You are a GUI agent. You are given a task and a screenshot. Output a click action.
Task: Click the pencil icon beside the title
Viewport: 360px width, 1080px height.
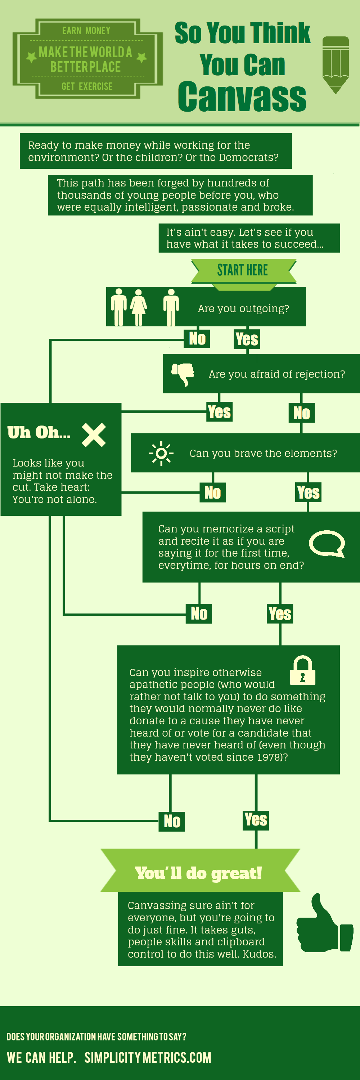coord(335,65)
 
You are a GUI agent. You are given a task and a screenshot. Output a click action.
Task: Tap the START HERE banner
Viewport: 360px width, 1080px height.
coord(243,270)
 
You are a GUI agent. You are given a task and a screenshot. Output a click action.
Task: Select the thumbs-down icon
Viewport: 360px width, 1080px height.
coord(183,374)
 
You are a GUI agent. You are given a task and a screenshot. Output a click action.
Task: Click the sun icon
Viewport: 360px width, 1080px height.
coord(161,453)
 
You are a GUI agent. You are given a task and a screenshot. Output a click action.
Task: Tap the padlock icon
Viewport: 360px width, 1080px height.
coord(303,670)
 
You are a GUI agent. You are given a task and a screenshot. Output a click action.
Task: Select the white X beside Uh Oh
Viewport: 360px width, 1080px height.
coord(94,435)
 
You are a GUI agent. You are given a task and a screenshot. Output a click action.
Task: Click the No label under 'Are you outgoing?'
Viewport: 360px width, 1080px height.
coord(197,338)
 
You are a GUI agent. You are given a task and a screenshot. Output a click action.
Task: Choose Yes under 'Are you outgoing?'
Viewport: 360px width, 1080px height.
coord(247,339)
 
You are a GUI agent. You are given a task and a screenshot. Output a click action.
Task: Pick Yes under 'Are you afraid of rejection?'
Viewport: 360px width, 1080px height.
coord(219,412)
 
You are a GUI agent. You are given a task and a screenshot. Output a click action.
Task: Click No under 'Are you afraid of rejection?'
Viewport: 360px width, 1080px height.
coord(302,413)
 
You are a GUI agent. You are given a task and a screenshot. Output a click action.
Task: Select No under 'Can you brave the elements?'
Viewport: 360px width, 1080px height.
coord(212,492)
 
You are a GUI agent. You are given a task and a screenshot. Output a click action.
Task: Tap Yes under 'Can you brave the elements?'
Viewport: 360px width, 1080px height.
coord(308,492)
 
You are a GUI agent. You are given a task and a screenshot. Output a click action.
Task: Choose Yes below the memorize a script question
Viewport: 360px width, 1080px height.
coord(280,614)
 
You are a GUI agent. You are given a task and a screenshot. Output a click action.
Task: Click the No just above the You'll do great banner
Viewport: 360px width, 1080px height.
coord(172,821)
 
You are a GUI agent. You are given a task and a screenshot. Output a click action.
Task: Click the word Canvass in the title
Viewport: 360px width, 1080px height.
coord(242,97)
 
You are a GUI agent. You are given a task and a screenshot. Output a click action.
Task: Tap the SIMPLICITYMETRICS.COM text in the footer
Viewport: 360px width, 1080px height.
coord(148,1057)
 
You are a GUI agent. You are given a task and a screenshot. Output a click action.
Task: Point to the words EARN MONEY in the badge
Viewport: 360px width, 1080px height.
coord(86,31)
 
